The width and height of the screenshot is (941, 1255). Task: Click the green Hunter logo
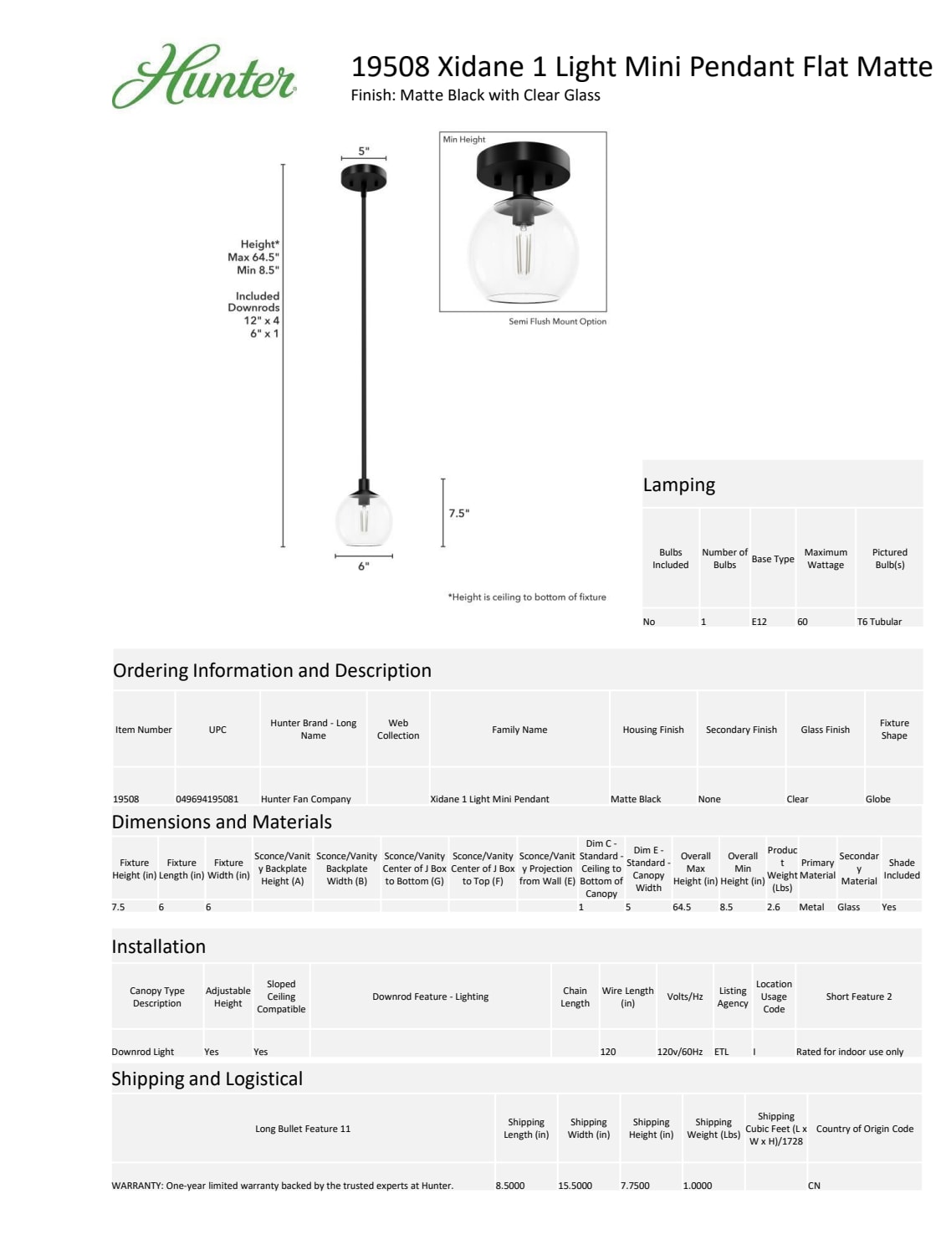[x=204, y=76]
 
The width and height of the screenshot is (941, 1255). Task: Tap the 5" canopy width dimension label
[x=363, y=151]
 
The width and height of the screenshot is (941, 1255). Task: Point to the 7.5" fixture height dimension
[x=458, y=513]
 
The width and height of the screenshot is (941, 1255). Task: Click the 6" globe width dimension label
[x=363, y=566]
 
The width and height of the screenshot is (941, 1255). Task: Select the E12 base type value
[x=759, y=622]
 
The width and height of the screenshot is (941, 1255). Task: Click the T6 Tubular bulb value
[x=879, y=622]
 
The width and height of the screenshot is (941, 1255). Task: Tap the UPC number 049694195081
[x=207, y=799]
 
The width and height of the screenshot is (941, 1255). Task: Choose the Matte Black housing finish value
[x=636, y=799]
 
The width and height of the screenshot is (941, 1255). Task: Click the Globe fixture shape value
[x=877, y=799]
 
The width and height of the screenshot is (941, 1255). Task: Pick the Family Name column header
[x=519, y=730]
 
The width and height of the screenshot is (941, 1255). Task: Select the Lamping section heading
[x=679, y=485]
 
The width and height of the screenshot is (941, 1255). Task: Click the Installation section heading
[x=159, y=946]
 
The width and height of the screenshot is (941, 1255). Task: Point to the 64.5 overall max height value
[x=682, y=907]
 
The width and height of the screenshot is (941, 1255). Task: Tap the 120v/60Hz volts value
[x=679, y=1052]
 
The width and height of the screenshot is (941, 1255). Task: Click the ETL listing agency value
[x=721, y=1052]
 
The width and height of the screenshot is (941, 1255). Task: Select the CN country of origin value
[x=814, y=1186]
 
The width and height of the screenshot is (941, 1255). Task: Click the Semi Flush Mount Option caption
[x=557, y=321]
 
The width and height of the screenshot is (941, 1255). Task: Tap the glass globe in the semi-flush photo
[x=523, y=255]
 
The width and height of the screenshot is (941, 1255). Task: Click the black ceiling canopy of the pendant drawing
[x=364, y=177]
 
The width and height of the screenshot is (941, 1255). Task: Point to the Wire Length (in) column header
[x=627, y=996]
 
